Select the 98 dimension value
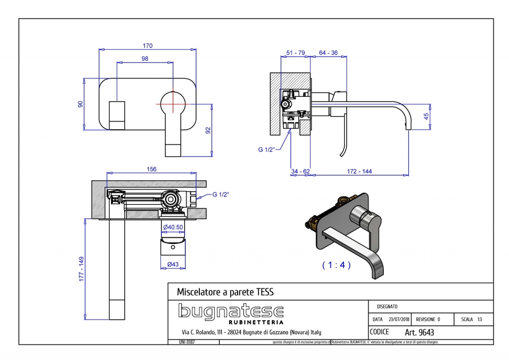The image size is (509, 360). (x=145, y=59)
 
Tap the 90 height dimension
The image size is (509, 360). (x=80, y=104)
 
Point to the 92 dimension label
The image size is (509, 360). (x=208, y=130)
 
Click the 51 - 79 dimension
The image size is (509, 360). (x=296, y=52)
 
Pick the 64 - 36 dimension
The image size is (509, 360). (x=328, y=52)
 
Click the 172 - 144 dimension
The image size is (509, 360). (x=359, y=171)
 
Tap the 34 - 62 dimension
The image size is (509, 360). (x=300, y=171)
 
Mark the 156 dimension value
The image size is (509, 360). (x=151, y=169)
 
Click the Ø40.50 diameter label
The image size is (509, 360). (x=174, y=227)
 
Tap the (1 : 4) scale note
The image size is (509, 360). (x=336, y=265)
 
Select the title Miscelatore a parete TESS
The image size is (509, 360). (x=225, y=292)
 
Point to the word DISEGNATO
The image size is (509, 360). (x=387, y=307)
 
